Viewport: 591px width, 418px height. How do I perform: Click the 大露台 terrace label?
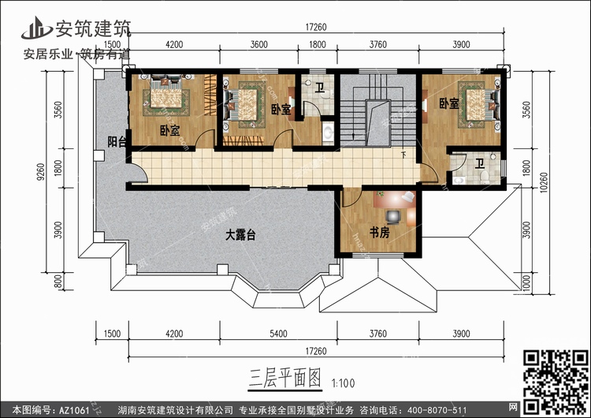coord(241,234)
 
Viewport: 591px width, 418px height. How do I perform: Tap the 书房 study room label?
coord(380,233)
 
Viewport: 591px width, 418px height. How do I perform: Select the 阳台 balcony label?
coord(117,142)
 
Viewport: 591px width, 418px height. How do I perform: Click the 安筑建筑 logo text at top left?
coord(90,28)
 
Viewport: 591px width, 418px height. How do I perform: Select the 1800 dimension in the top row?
coord(318,44)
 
